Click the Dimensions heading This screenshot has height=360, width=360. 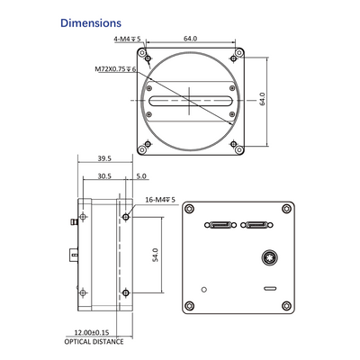coord(91,23)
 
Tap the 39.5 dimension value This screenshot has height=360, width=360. coord(104,158)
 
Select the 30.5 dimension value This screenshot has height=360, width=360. coord(104,176)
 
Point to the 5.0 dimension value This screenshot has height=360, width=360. coord(141,176)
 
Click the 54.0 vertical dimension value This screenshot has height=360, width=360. coord(155,255)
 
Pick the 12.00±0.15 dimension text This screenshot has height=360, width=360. coord(92,332)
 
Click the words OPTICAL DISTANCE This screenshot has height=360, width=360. coord(94,342)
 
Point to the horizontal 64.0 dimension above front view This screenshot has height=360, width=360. coord(191,39)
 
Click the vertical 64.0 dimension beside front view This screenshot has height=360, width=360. coord(262,99)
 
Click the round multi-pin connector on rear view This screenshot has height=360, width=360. coord(269,258)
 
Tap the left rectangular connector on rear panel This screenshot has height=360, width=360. coord(220,225)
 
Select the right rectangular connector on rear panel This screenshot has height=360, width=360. coord(256,225)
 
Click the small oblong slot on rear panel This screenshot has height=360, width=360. coord(270,289)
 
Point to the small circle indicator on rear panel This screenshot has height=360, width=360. coord(204,290)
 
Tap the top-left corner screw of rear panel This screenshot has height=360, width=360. coord(189,208)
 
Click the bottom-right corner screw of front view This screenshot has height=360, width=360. coord(238,149)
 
